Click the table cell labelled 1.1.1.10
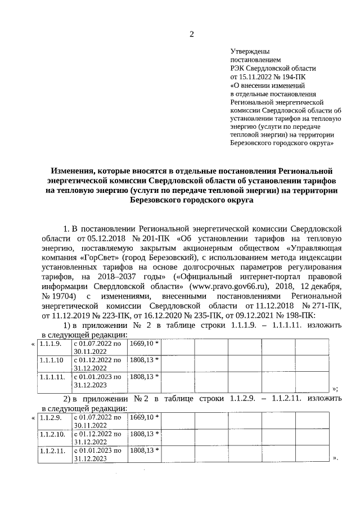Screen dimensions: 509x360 click(52, 359)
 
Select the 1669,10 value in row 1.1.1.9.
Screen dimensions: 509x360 click(144, 343)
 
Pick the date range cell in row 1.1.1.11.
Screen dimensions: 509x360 click(98, 381)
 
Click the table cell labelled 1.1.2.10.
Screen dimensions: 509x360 click(52, 434)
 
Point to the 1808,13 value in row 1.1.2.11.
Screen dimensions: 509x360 click(144, 451)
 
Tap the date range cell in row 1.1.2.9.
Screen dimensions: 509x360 click(98, 422)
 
